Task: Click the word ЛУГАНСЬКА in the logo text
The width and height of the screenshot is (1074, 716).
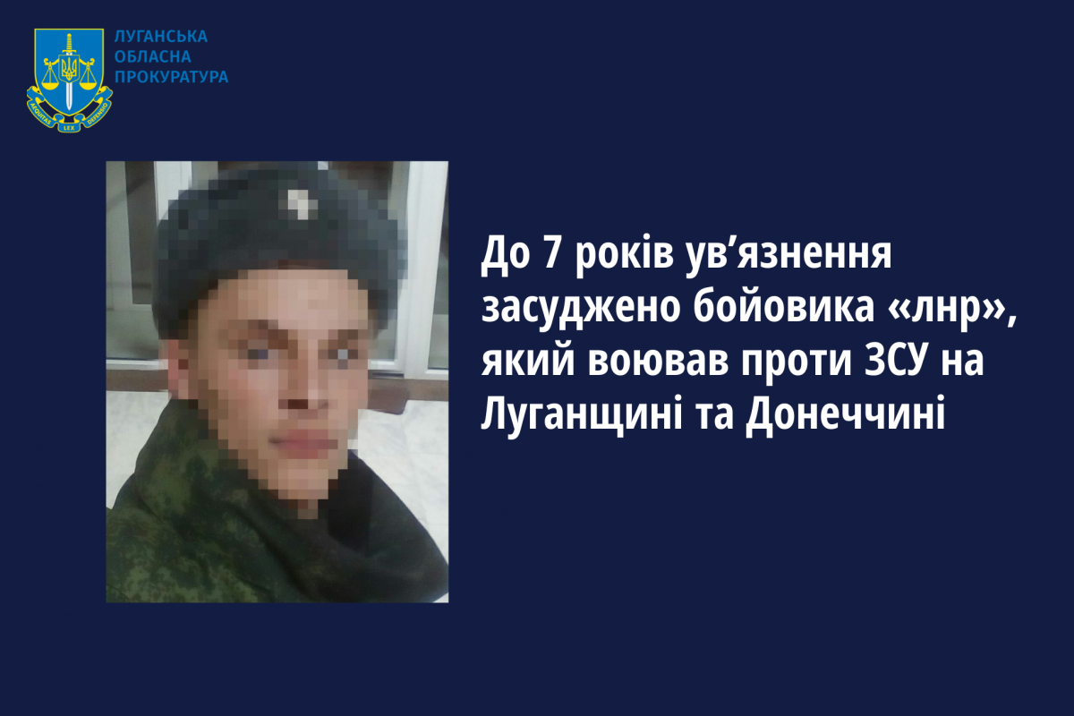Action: click(161, 37)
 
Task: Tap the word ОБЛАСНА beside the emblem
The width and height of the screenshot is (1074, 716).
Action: click(153, 56)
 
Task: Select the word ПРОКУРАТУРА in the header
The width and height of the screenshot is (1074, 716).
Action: click(172, 77)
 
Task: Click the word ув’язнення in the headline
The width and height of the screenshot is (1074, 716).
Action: click(789, 256)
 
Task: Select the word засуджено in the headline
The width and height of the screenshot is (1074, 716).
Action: click(581, 310)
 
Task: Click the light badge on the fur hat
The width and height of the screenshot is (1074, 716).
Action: click(301, 204)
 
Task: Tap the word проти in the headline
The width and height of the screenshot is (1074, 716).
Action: click(795, 363)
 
